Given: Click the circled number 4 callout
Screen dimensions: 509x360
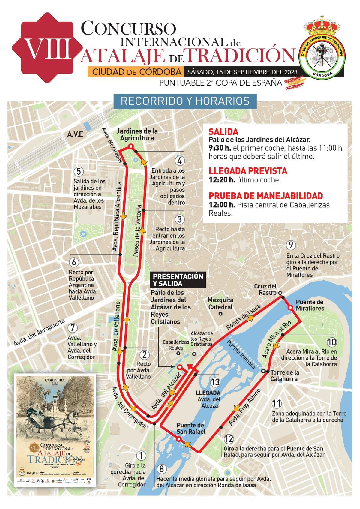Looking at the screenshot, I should pos(180,161).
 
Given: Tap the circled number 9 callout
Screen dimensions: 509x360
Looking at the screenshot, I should pos(290,245).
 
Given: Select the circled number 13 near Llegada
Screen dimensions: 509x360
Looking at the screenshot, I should pos(215,382).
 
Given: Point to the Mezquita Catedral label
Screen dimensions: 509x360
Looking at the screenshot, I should pos(220,303).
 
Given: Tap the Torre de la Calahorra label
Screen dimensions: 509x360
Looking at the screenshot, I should pos(285,375).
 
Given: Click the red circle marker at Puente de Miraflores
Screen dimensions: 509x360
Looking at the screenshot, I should pos(290,308).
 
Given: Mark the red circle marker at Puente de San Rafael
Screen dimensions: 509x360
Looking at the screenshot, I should pos(179,439).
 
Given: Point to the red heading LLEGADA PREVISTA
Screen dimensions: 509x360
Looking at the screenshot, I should pos(248,171).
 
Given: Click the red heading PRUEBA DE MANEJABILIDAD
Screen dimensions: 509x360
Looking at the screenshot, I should pos(266,196).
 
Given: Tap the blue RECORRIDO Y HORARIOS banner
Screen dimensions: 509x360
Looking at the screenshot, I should pos(185,101).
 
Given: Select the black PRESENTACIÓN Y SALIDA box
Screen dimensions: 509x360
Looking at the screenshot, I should pos(178,280).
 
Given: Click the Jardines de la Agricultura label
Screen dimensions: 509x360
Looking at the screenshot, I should pos(137,135).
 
